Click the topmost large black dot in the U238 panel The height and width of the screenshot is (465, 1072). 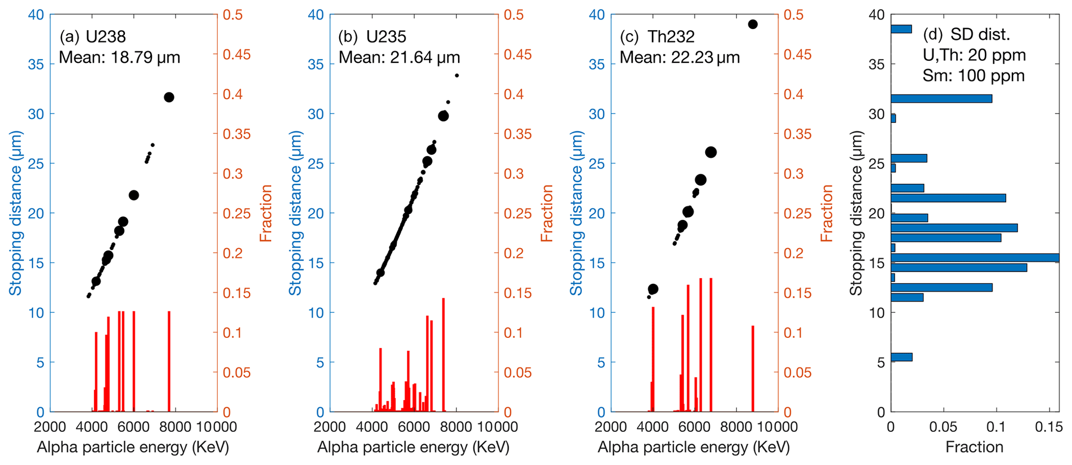169,97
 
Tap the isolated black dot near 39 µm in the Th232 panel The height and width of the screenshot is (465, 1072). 753,24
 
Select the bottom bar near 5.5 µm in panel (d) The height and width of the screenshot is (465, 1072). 901,357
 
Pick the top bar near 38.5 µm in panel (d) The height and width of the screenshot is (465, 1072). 901,29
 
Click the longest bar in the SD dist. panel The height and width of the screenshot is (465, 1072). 975,257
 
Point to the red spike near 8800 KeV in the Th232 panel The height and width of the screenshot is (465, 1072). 753,368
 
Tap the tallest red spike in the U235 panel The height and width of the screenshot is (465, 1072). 443,355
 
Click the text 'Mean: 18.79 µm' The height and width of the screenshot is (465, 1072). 120,57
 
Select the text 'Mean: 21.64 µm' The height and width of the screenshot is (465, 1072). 399,57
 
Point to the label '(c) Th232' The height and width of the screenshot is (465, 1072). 657,36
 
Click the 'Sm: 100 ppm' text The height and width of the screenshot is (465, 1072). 973,76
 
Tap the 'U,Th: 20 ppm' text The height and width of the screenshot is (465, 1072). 974,55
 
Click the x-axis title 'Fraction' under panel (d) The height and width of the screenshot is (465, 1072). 974,447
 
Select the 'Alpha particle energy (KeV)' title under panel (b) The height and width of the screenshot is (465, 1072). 413,447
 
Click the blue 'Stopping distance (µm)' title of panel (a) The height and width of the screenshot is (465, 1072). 16,213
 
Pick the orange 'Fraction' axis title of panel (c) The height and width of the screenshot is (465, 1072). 827,213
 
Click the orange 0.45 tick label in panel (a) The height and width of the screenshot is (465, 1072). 236,54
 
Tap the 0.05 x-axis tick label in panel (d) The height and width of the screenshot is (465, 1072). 943,427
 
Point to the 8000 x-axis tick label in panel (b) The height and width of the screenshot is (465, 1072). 456,427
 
